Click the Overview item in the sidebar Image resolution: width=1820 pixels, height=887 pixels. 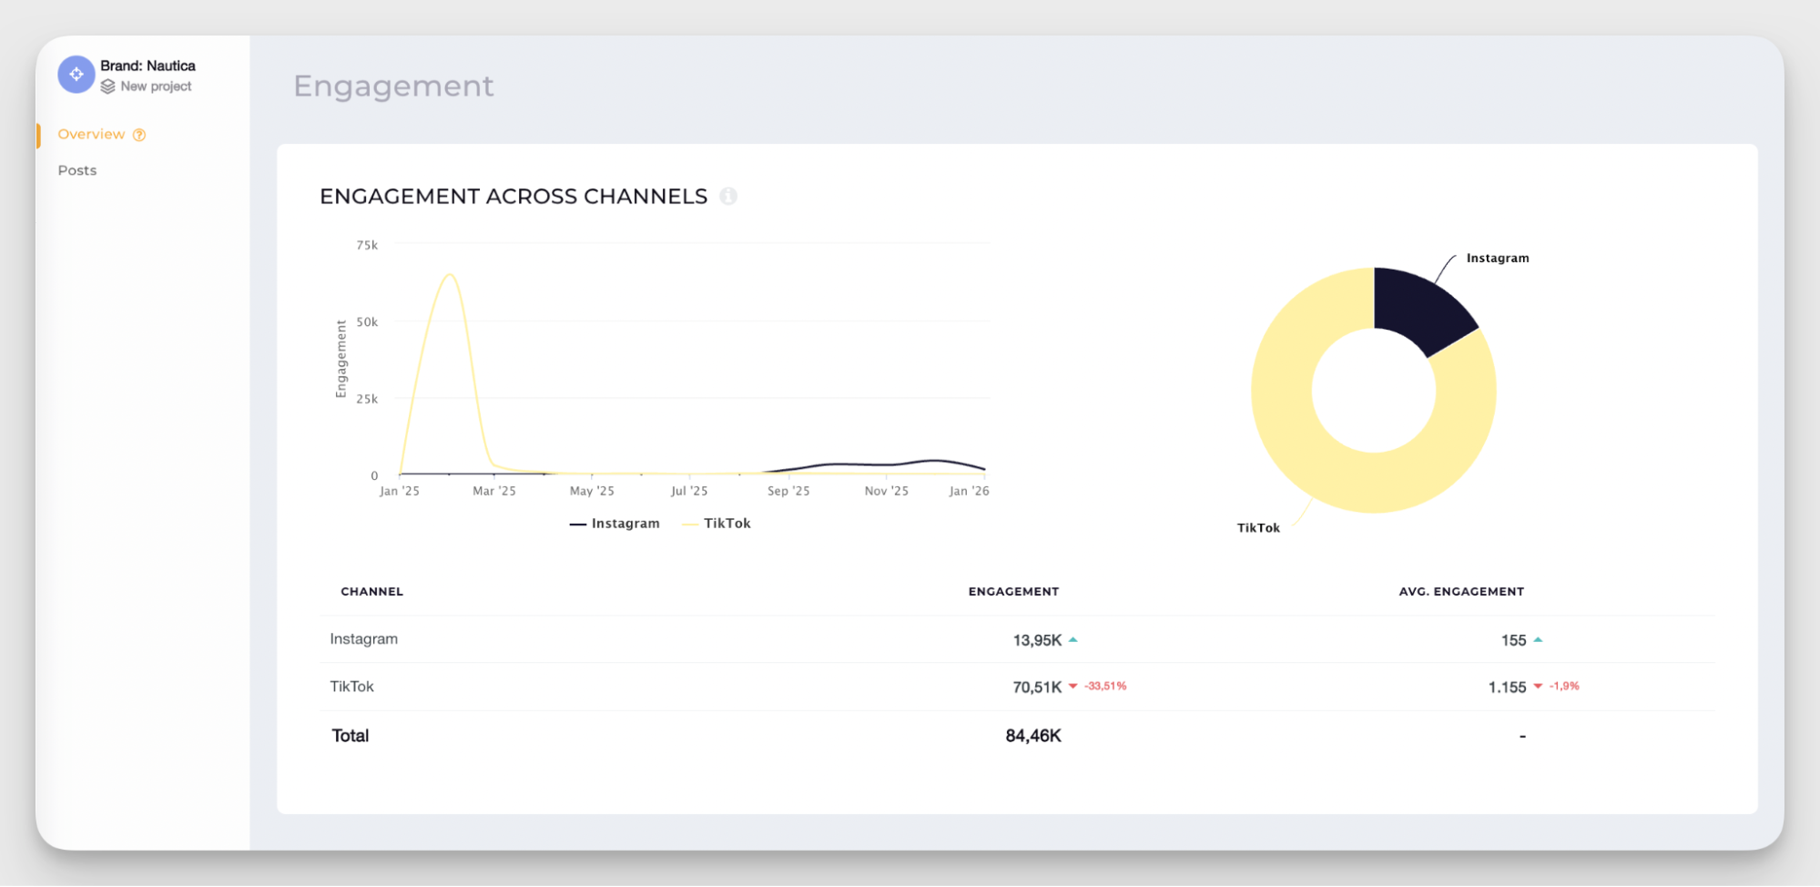(x=91, y=135)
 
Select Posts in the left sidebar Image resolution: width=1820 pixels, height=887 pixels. (x=77, y=170)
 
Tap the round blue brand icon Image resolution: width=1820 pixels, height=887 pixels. (x=76, y=75)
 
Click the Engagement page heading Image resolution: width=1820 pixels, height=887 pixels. (x=393, y=86)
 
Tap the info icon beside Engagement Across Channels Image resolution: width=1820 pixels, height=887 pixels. (x=728, y=196)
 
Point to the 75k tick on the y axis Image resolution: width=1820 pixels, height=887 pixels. (x=367, y=245)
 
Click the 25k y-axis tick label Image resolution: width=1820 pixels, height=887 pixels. (x=367, y=399)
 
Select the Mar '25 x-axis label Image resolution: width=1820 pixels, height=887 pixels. (x=494, y=491)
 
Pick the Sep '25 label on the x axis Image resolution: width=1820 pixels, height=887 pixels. (x=788, y=491)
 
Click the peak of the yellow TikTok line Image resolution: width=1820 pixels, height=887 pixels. (x=450, y=274)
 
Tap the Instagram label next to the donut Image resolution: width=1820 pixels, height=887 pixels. (x=1498, y=259)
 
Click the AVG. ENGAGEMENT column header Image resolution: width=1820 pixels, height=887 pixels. (x=1461, y=592)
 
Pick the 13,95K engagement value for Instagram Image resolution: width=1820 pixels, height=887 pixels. (x=1037, y=640)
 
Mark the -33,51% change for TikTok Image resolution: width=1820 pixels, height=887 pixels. (x=1105, y=686)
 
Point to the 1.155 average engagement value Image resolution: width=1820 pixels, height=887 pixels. (x=1507, y=688)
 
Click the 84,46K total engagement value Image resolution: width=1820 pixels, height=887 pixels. (x=1033, y=736)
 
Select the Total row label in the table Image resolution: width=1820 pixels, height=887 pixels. (x=351, y=736)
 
